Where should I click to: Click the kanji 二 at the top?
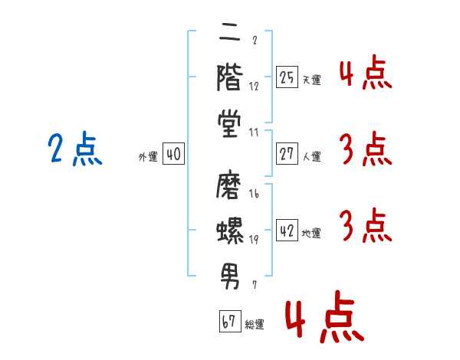(x=230, y=34)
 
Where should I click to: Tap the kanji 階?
(x=230, y=77)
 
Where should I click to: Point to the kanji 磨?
(x=229, y=186)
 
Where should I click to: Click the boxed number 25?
(x=287, y=77)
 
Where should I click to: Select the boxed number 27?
(x=287, y=153)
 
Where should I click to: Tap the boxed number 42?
(x=287, y=230)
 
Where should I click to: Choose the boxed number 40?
(x=174, y=154)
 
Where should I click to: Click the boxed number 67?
(x=230, y=321)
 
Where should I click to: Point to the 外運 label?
(x=148, y=157)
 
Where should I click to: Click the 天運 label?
(x=312, y=80)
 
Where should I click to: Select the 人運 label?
(x=312, y=156)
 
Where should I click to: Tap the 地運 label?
(x=311, y=233)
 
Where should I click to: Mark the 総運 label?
(x=255, y=324)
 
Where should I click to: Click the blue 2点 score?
(x=75, y=149)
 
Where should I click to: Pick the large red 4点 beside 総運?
(x=325, y=316)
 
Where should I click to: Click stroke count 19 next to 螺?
(x=254, y=240)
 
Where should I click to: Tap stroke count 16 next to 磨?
(x=254, y=194)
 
